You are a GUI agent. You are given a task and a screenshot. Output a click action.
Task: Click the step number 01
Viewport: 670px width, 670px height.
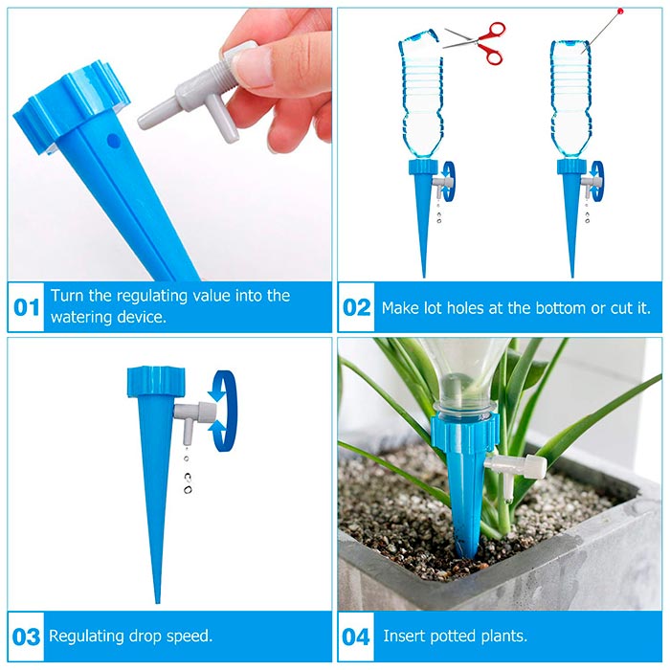coord(26,307)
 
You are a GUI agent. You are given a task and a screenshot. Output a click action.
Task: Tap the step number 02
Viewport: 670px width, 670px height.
coord(356,307)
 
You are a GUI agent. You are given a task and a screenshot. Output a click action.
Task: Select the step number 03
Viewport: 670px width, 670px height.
coord(26,636)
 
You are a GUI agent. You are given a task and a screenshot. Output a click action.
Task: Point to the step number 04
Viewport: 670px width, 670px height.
coord(356,636)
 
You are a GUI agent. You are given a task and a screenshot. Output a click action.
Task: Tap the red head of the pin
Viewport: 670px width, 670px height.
coord(620,11)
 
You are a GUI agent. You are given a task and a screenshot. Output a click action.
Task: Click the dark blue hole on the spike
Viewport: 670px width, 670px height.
coord(113,140)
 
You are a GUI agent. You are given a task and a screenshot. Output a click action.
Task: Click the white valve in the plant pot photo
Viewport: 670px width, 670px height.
coord(515,471)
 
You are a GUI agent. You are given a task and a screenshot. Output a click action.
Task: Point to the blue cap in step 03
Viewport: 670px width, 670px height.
coord(157,382)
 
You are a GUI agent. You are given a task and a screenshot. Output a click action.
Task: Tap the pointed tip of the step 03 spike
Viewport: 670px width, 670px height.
coord(158,602)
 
